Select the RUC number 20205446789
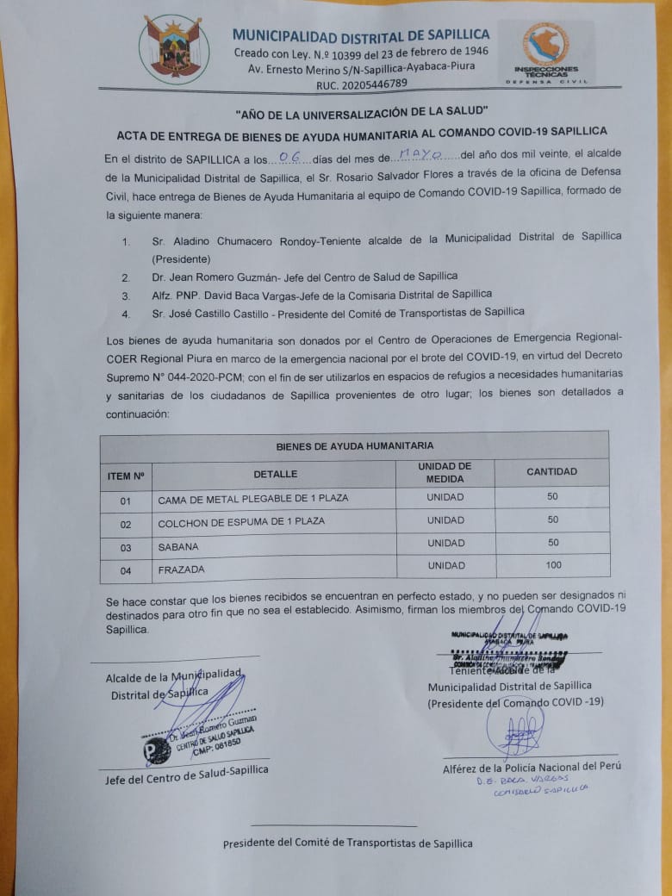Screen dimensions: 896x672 point(362,84)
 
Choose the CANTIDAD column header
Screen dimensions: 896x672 point(552,472)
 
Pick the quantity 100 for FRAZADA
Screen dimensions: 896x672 point(553,565)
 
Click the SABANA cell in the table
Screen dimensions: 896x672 point(178,547)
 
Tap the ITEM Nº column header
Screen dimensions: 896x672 point(126,475)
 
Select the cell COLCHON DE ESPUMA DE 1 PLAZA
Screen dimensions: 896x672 point(241,522)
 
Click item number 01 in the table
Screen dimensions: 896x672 point(126,500)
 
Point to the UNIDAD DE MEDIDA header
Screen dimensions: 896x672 point(445,472)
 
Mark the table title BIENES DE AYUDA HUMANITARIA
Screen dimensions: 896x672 point(354,446)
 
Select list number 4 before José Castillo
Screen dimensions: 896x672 point(126,314)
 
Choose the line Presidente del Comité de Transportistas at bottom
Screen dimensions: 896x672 point(347,843)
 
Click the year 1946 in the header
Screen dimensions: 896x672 point(472,52)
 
